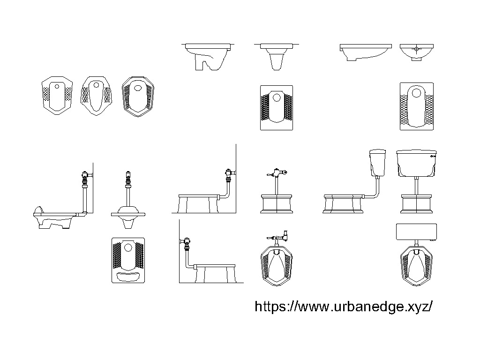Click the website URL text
[343, 307]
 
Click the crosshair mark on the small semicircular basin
[416, 48]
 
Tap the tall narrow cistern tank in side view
[377, 163]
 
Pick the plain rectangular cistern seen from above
[416, 232]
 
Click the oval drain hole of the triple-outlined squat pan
[138, 87]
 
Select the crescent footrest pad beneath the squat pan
[127, 276]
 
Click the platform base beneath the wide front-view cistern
[416, 205]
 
